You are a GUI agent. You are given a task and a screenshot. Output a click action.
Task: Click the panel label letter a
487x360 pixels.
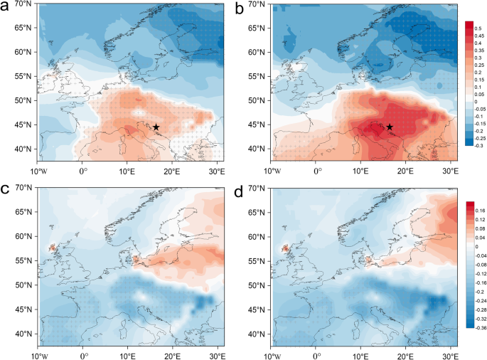pos(7,8)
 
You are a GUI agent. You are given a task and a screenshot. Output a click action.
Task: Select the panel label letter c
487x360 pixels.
pos(6,189)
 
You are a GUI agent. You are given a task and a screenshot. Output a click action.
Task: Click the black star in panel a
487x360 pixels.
pos(156,127)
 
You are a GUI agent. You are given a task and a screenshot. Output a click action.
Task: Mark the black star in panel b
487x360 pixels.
pos(390,127)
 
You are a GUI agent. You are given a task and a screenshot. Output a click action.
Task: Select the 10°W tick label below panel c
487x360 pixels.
pos(38,354)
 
